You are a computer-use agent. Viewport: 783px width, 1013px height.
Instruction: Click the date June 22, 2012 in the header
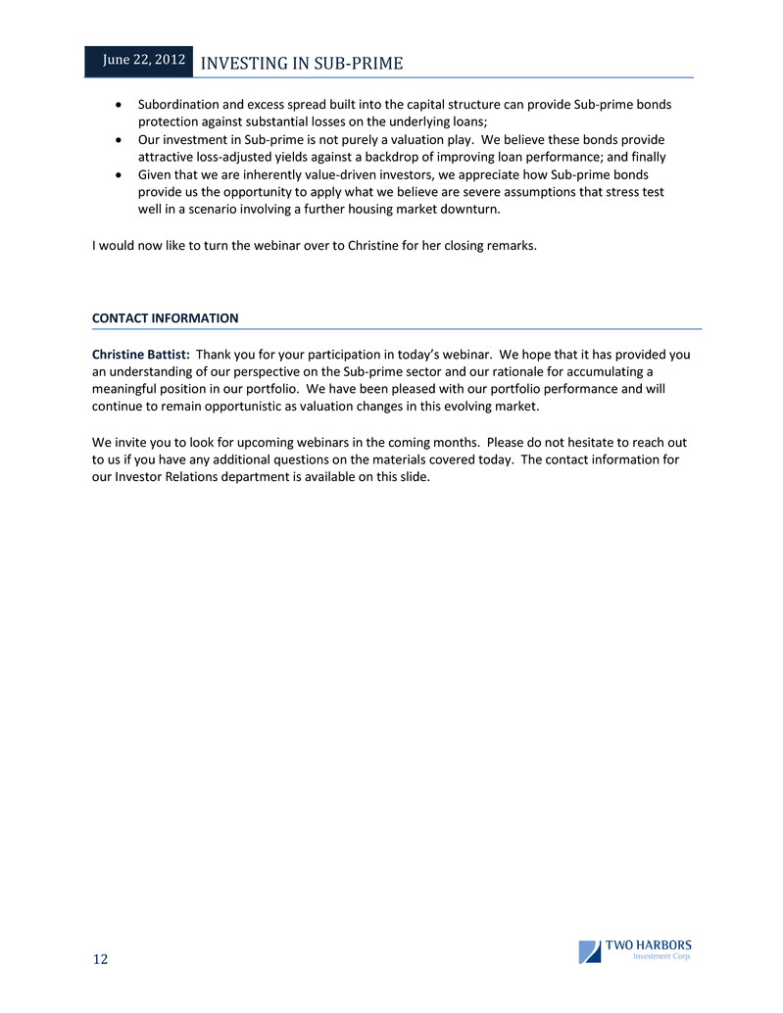coord(144,60)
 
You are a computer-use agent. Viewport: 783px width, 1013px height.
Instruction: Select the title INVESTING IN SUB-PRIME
coord(301,65)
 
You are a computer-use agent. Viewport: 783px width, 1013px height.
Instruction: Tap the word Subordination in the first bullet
coord(179,104)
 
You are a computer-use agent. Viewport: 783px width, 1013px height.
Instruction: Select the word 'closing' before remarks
coord(466,246)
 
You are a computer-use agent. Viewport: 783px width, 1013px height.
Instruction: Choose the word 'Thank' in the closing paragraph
coord(216,354)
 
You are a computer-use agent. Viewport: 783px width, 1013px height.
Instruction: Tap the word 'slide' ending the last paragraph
coord(412,477)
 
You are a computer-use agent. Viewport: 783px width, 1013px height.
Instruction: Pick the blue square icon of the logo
coord(589,951)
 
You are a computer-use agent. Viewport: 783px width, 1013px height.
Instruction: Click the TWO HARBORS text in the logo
coord(648,945)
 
